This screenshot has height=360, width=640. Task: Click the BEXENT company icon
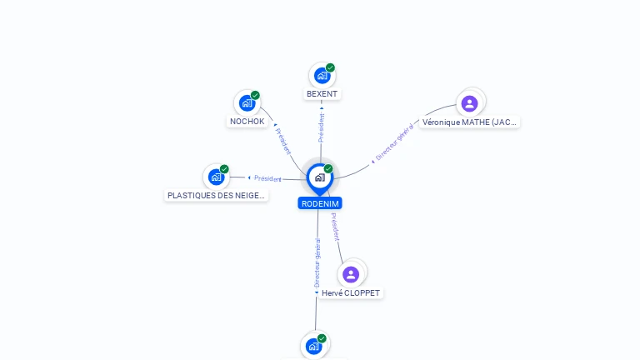pyautogui.click(x=322, y=76)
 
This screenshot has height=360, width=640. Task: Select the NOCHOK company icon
pyautogui.click(x=247, y=102)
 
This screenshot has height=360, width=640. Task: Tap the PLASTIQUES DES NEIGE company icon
pyautogui.click(x=217, y=177)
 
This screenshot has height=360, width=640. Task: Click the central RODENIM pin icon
pyautogui.click(x=319, y=177)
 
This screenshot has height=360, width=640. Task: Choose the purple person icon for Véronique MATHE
pyautogui.click(x=469, y=103)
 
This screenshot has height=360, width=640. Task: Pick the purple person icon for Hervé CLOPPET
pyautogui.click(x=351, y=274)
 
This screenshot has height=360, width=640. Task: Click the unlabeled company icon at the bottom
pyautogui.click(x=313, y=346)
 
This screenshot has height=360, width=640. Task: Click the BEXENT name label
pyautogui.click(x=322, y=94)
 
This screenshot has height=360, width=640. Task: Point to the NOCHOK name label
pyautogui.click(x=247, y=122)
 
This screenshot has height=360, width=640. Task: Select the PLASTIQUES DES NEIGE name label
pyautogui.click(x=217, y=196)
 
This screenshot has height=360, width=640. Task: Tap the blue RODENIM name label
pyautogui.click(x=320, y=203)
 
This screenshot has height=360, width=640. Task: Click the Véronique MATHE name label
pyautogui.click(x=469, y=122)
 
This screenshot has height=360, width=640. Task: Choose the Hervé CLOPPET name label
pyautogui.click(x=351, y=293)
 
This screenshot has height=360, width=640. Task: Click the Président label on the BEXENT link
pyautogui.click(x=322, y=127)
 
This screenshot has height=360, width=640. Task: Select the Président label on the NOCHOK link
pyautogui.click(x=283, y=141)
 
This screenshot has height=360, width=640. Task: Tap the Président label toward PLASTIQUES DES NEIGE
pyautogui.click(x=267, y=178)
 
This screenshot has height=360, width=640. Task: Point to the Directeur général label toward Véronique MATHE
pyautogui.click(x=394, y=142)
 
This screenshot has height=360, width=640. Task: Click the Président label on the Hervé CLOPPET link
pyautogui.click(x=335, y=227)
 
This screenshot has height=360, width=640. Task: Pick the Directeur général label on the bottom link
pyautogui.click(x=317, y=263)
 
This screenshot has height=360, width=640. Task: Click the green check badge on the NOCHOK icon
pyautogui.click(x=255, y=95)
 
